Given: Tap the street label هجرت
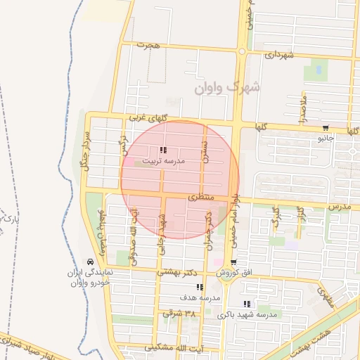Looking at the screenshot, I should tap(149, 45).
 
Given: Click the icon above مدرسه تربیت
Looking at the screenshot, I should tap(164, 150).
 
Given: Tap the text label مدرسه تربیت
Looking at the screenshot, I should tap(164, 161).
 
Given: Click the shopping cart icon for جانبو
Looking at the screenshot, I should tap(326, 128).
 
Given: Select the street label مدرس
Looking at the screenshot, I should tap(339, 207).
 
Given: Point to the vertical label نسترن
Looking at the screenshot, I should tap(205, 148).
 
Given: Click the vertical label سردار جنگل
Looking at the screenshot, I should tap(82, 150).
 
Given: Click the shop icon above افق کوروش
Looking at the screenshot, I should tap(233, 262).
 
